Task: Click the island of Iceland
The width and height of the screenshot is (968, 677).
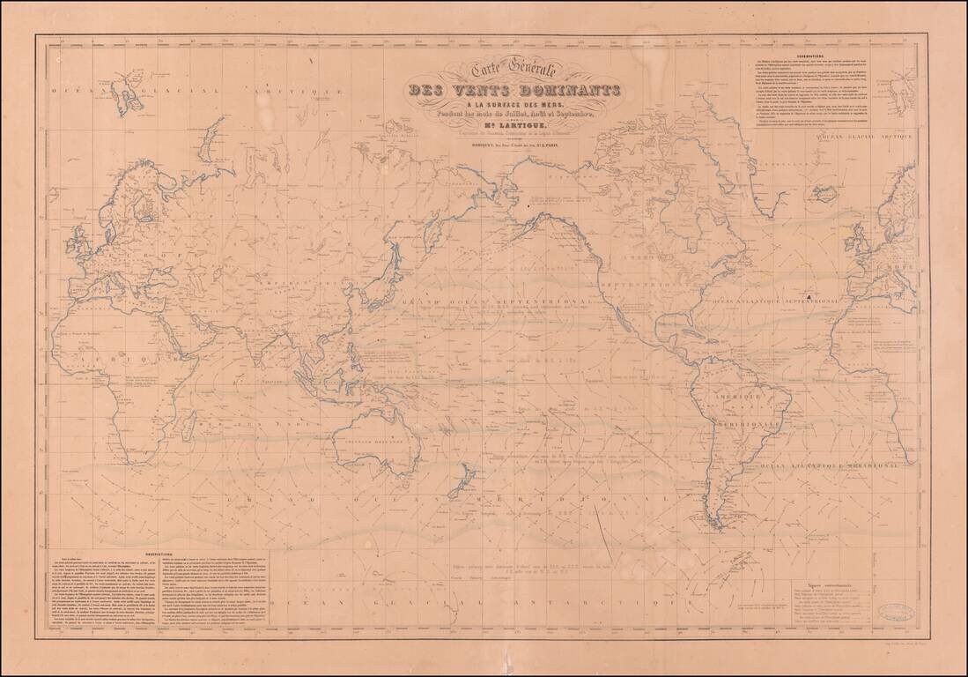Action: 824,195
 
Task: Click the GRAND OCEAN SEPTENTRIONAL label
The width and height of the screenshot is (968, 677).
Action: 477,301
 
